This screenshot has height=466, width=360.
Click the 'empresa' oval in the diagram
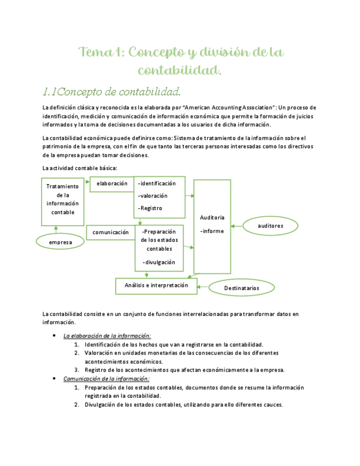(61, 242)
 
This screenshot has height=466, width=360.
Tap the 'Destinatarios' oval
(241, 287)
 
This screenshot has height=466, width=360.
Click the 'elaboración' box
(112, 184)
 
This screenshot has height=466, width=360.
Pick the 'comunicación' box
(110, 232)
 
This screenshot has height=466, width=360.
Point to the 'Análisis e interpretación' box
(156, 286)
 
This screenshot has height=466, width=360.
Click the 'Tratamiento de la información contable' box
(63, 199)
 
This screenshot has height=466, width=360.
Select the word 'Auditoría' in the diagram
(212, 218)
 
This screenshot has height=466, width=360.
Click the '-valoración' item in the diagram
(153, 196)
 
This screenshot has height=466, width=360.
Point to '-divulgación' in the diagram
(159, 262)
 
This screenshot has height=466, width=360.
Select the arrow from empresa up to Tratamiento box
(55, 230)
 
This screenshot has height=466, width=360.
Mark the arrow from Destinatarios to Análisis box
(203, 286)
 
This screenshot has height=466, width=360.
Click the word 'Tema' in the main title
(95, 53)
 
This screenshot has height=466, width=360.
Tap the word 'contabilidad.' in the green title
(180, 70)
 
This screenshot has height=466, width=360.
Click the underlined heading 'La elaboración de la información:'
(107, 335)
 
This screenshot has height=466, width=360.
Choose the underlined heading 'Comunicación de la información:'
(106, 379)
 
